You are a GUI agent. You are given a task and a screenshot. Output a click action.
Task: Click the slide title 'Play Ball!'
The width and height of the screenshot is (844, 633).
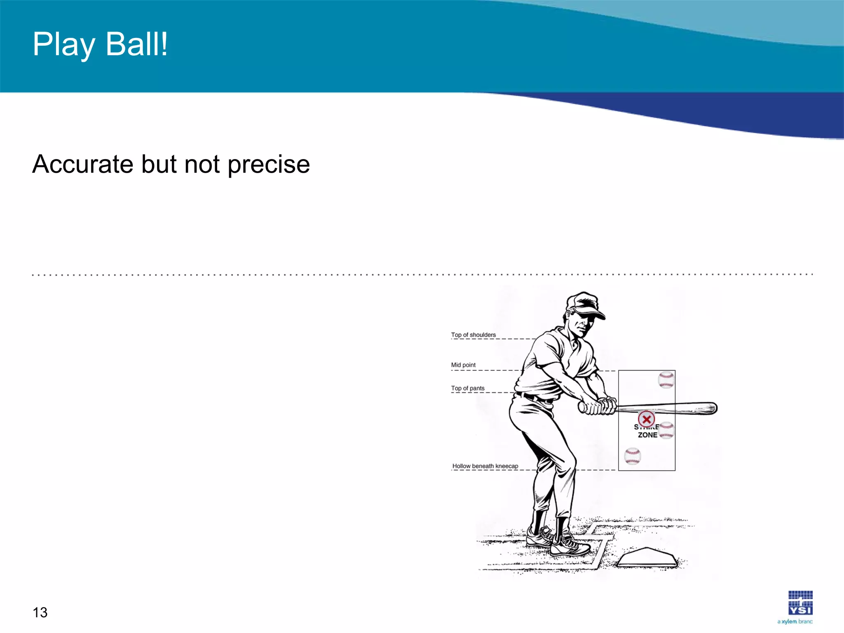point(100,45)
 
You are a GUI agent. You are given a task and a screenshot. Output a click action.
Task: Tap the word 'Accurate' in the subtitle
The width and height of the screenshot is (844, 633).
point(82,164)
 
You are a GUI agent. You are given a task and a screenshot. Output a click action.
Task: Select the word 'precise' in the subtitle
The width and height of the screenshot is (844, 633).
point(268,165)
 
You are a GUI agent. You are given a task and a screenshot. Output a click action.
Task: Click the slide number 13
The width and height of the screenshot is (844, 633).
point(40,612)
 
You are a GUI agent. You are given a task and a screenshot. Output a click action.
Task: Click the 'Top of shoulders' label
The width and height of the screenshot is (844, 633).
point(473,335)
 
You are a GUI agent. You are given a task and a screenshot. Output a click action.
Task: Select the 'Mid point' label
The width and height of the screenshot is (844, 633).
point(463,365)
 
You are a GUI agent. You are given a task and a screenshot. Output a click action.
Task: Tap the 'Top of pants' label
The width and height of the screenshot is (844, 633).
point(468,388)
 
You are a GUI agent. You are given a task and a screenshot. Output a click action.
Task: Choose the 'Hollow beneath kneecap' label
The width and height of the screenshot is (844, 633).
point(485,466)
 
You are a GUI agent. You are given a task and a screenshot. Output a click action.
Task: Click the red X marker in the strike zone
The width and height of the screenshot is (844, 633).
point(646,419)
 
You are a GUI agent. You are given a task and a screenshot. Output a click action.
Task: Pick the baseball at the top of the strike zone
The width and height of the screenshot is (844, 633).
point(666,380)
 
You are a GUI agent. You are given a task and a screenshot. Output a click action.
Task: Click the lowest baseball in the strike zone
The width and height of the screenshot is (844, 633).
point(633,456)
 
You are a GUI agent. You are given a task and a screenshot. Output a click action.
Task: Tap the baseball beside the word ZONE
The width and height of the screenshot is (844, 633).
point(666,431)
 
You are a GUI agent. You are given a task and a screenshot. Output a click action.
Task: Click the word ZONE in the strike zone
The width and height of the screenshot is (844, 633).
point(647,435)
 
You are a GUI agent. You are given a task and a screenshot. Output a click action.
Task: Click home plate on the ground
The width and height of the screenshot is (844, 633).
point(647,558)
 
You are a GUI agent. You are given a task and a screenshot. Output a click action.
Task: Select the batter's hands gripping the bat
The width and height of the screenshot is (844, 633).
point(598,406)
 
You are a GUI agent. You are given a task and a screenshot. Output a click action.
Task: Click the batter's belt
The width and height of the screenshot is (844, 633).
point(534,398)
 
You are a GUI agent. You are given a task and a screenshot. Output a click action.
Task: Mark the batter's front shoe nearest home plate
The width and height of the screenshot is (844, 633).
point(571,546)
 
